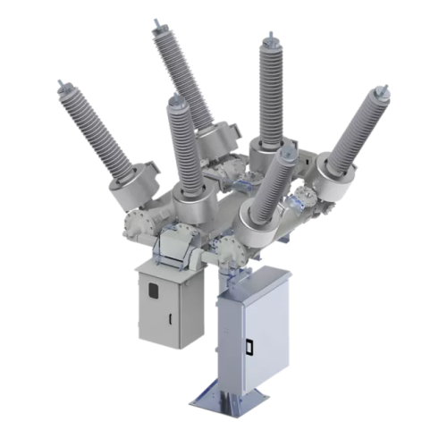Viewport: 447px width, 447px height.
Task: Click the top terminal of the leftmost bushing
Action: tap(63, 86)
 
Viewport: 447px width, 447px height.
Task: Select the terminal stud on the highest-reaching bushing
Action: tap(156, 21)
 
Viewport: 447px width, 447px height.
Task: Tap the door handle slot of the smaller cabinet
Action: tap(168, 319)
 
